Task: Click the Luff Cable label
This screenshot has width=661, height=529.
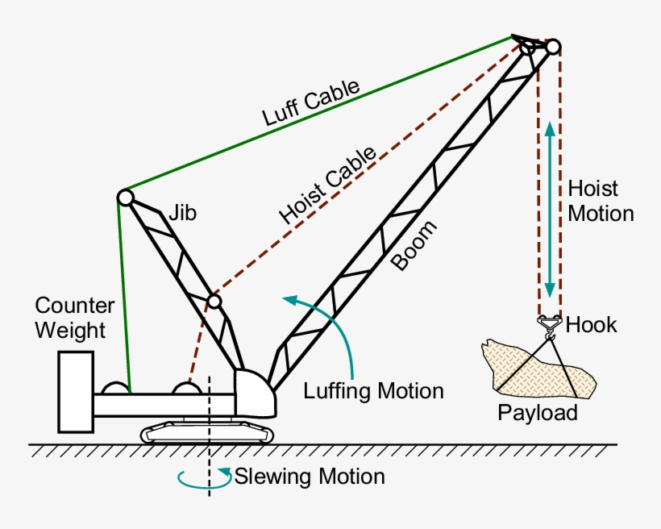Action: (310, 103)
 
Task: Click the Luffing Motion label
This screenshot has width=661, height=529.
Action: (373, 391)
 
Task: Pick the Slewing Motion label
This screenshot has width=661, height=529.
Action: (310, 477)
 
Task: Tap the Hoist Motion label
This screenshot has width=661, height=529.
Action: (601, 201)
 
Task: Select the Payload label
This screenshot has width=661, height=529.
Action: (538, 413)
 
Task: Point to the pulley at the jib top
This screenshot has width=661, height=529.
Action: (125, 197)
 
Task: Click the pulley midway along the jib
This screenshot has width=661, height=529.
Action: (214, 302)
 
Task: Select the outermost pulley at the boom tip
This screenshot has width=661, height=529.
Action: (552, 47)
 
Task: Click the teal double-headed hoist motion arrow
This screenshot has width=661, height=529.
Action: (550, 210)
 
